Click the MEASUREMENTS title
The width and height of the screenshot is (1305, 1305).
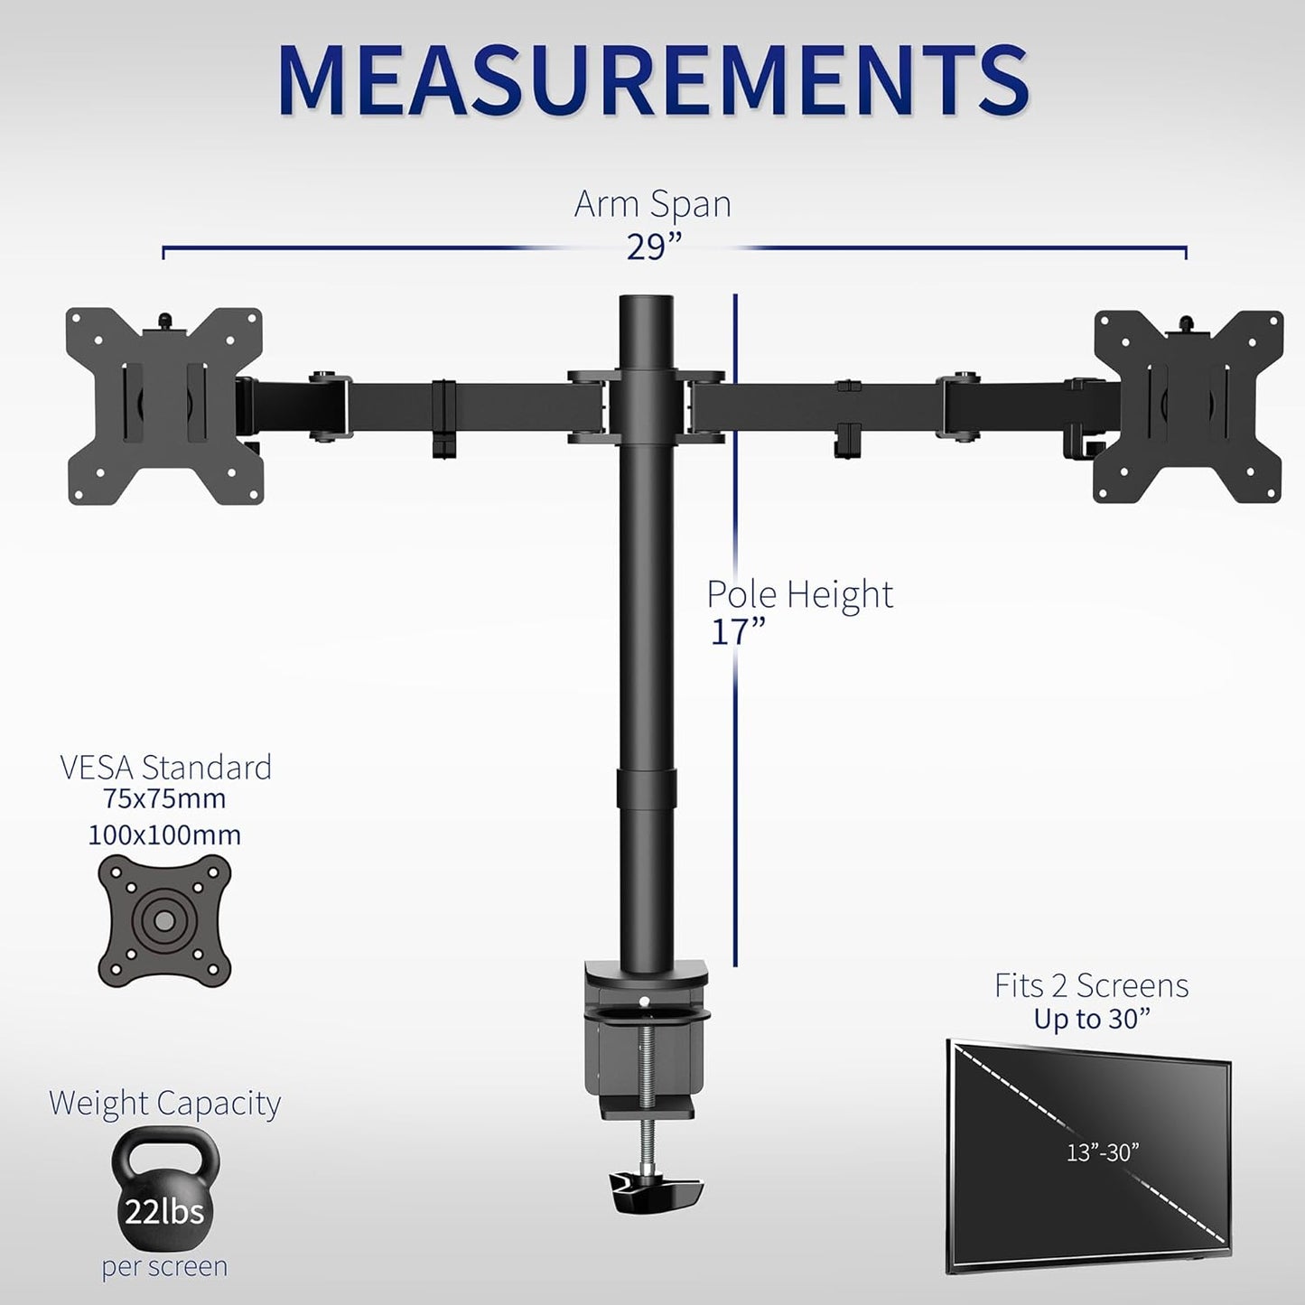[653, 82]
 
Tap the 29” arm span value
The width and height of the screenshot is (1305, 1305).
[653, 246]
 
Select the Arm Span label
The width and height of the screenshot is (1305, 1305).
[653, 204]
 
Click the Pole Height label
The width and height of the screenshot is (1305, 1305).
[799, 594]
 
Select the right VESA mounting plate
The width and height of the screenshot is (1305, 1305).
[1188, 405]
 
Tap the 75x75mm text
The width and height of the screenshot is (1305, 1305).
[164, 799]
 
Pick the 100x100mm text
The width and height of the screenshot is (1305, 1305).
[164, 834]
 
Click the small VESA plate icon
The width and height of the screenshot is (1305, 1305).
[164, 919]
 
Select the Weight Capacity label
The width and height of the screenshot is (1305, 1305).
[164, 1103]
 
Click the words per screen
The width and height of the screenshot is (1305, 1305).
[164, 1266]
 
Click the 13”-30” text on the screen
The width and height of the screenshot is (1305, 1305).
[1102, 1152]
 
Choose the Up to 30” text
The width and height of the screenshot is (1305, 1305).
[1092, 1019]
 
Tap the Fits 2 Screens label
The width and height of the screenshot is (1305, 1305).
[1092, 984]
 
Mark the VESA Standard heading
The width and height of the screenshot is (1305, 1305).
[165, 767]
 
